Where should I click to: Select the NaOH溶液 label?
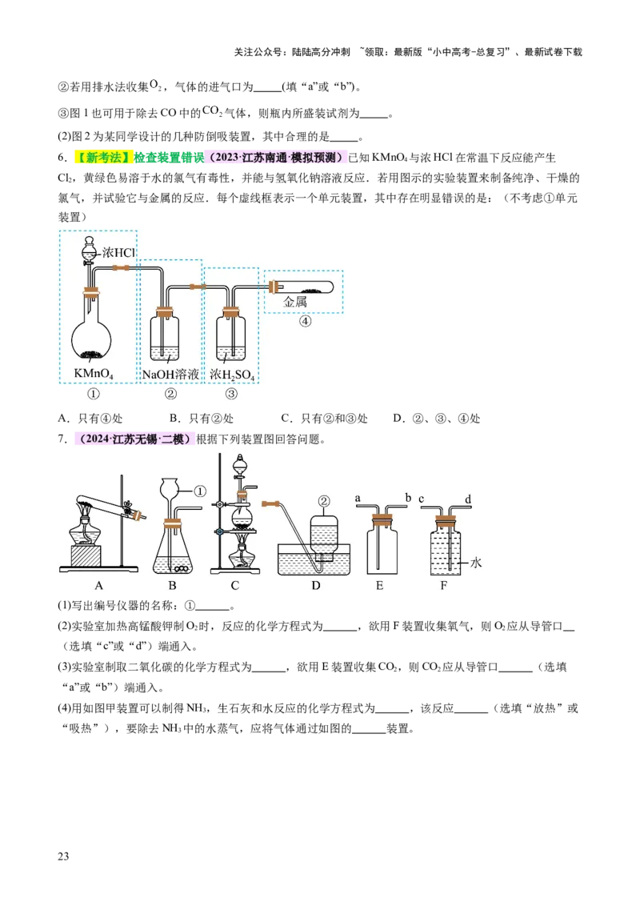170,374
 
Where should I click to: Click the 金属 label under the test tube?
295,303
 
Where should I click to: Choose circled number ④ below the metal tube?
304,322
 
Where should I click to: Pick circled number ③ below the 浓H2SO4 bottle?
231,393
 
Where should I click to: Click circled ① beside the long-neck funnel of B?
200,491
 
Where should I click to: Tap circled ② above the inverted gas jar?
324,502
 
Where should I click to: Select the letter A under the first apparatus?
99,585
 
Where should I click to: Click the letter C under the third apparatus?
234,585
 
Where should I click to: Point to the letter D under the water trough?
316,585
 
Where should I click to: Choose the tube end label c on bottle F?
421,499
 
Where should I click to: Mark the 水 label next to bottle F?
476,563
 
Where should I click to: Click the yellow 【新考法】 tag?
102,158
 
